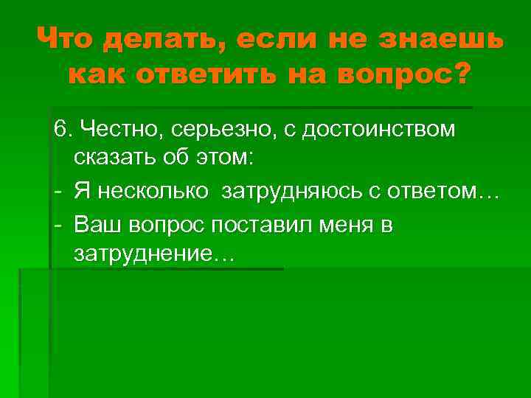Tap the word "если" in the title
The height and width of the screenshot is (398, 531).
(277, 39)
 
